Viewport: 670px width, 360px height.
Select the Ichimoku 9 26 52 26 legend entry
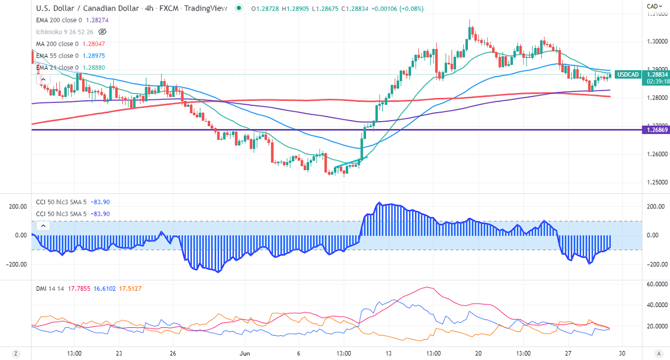click(65, 32)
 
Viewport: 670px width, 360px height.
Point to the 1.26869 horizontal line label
click(656, 130)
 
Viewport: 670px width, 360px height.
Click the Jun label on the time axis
click(244, 354)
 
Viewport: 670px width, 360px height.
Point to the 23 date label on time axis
click(119, 354)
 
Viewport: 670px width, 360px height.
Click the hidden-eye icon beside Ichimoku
click(102, 32)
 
